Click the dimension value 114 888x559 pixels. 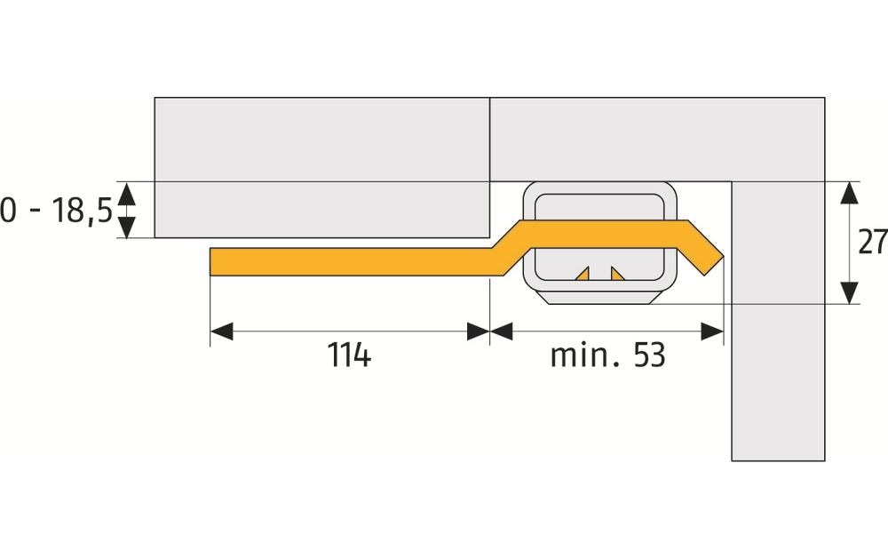click(349, 355)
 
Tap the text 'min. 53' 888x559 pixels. click(607, 355)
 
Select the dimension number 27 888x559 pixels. click(873, 242)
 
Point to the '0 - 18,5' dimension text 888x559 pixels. click(56, 212)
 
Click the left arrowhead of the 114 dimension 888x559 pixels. click(221, 331)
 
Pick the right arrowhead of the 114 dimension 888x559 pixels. click(479, 331)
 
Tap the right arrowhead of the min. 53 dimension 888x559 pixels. click(712, 331)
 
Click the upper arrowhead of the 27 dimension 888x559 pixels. click(850, 193)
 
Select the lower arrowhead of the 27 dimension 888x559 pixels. click(850, 292)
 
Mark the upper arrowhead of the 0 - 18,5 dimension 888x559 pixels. click(127, 192)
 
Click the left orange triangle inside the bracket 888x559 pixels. click(583, 275)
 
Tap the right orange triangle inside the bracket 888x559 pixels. click(615, 275)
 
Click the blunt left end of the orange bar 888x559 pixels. click(214, 261)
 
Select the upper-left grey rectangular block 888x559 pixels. click(321, 166)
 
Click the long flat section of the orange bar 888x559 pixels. click(355, 261)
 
